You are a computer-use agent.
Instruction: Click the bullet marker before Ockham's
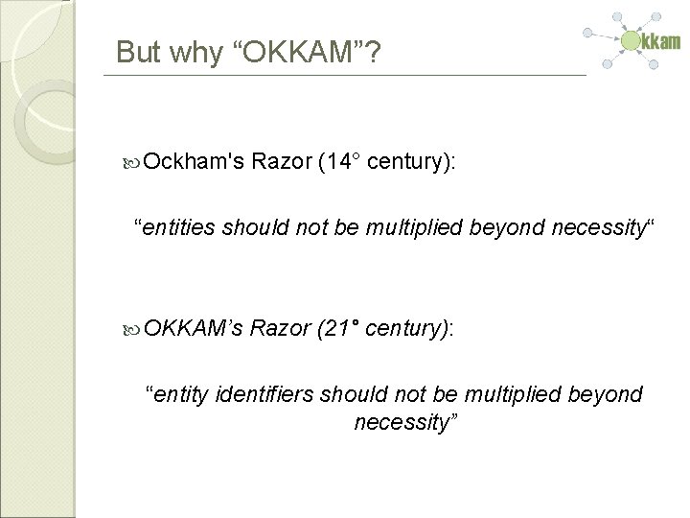pyautogui.click(x=133, y=164)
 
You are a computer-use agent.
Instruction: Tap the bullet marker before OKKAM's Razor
pyautogui.click(x=133, y=329)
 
